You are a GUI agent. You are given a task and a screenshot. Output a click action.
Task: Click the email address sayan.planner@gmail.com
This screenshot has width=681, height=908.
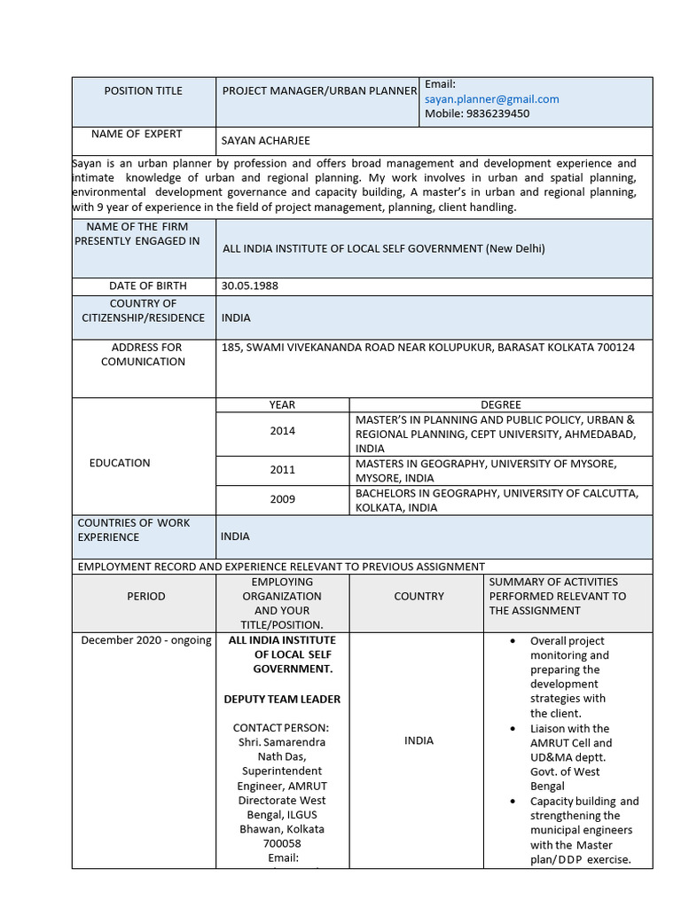point(491,99)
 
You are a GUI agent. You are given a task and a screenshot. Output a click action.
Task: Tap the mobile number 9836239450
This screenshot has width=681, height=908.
point(498,113)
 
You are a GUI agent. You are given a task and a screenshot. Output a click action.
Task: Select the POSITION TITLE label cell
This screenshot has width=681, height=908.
point(143,90)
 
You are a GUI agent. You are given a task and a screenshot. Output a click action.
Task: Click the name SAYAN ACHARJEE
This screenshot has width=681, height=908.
point(266,141)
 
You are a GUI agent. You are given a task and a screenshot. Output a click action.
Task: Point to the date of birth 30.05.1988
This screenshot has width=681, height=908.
point(249,286)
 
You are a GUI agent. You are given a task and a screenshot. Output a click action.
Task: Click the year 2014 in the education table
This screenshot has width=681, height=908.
point(283,431)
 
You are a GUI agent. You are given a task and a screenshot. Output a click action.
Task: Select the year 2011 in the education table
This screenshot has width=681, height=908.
point(283,470)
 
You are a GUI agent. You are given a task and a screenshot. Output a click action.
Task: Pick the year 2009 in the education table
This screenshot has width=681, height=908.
point(283,499)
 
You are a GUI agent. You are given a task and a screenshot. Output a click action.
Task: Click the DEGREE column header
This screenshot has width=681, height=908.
point(501,404)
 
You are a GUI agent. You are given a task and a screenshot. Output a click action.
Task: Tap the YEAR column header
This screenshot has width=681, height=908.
point(283,404)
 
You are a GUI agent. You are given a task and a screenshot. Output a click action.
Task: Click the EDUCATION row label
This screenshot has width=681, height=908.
point(120,463)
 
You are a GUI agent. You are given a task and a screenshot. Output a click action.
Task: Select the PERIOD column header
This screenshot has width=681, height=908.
point(146,597)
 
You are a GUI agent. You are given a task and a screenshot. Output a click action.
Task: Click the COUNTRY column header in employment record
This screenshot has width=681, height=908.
point(419,597)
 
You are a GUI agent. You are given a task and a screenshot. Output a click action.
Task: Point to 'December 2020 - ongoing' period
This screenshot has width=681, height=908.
point(146,640)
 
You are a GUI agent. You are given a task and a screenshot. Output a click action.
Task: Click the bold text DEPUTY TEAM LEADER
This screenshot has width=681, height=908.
point(282,699)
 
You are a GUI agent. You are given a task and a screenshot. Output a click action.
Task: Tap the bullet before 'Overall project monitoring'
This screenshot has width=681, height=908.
point(513,641)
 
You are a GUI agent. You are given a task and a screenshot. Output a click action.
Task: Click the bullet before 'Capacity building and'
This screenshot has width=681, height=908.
point(513,802)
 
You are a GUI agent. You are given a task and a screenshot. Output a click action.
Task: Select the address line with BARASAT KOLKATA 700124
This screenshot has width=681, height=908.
point(427,348)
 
